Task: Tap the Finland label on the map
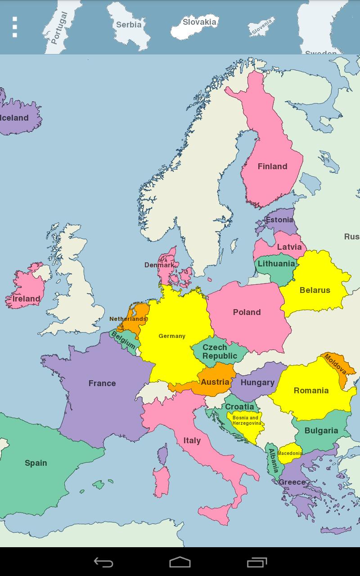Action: [272, 166]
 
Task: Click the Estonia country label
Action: [279, 220]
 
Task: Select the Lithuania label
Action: [276, 264]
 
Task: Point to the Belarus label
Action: [315, 290]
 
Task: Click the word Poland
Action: [247, 312]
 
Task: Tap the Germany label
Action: [172, 336]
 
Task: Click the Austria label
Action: [215, 382]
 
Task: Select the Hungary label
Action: [257, 382]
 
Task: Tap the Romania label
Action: [311, 391]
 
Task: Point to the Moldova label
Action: [335, 364]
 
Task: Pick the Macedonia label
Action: [290, 453]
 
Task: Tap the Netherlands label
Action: [128, 319]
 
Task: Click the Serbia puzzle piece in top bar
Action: [129, 25]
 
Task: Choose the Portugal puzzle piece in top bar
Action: [59, 28]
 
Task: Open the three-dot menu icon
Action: [15, 27]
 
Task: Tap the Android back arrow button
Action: [103, 562]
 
